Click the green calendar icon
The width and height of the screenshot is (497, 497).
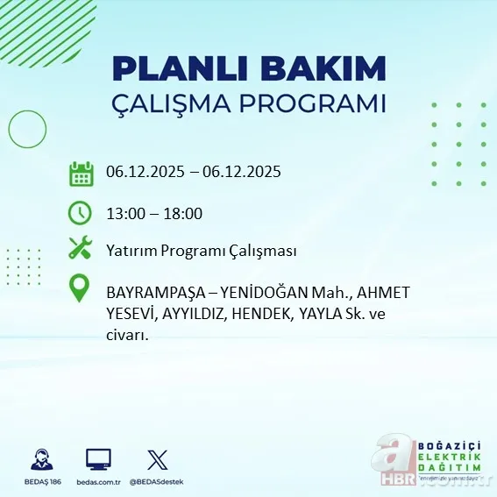tap(81, 174)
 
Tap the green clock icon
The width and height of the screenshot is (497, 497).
tap(81, 213)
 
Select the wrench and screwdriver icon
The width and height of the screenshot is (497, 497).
tap(81, 249)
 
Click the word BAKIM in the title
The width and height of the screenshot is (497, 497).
tap(325, 69)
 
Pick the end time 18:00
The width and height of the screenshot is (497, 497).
tap(183, 214)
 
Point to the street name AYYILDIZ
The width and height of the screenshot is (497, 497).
tap(196, 313)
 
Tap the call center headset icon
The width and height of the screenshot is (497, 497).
tap(40, 460)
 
